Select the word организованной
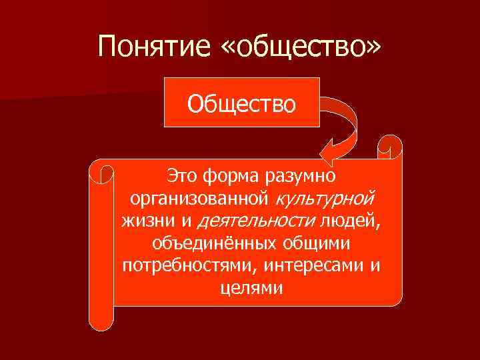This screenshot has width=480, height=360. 199,199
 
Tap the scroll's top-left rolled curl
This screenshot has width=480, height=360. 102,171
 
